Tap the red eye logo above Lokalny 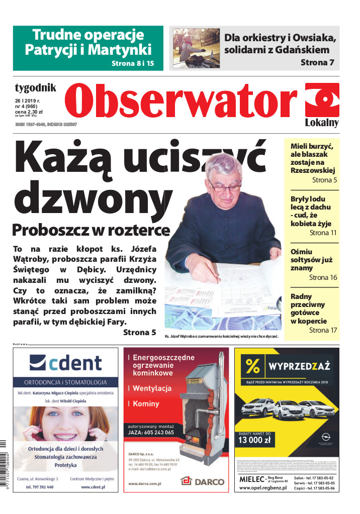(322, 99)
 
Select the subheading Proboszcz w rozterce (91, 230)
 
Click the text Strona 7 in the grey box (317, 62)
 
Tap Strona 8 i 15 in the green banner (132, 64)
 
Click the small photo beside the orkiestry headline (196, 48)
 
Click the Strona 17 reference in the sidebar (323, 330)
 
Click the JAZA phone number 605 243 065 (151, 432)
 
